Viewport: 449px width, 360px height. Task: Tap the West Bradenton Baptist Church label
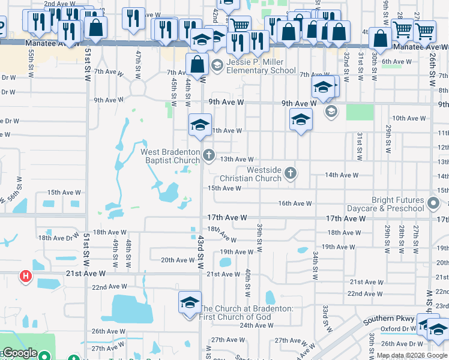click(170, 157)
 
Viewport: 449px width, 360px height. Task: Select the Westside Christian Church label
click(251, 174)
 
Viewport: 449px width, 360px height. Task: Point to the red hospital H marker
click(26, 276)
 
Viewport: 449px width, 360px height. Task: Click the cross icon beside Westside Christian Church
click(291, 174)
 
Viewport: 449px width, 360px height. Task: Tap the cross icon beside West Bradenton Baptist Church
click(208, 156)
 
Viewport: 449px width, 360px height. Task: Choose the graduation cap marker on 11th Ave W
click(200, 124)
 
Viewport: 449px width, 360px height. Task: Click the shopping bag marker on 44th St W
click(197, 64)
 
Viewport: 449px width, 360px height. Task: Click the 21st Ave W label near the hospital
click(85, 274)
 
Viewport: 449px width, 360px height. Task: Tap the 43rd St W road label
click(200, 252)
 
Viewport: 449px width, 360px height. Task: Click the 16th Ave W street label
click(295, 204)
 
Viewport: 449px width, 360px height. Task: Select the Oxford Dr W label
click(398, 329)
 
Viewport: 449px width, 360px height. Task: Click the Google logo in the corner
click(20, 353)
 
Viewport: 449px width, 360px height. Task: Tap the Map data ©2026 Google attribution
click(411, 355)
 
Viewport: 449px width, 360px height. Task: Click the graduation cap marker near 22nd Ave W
click(190, 302)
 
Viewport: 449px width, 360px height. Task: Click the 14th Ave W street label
click(341, 175)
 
